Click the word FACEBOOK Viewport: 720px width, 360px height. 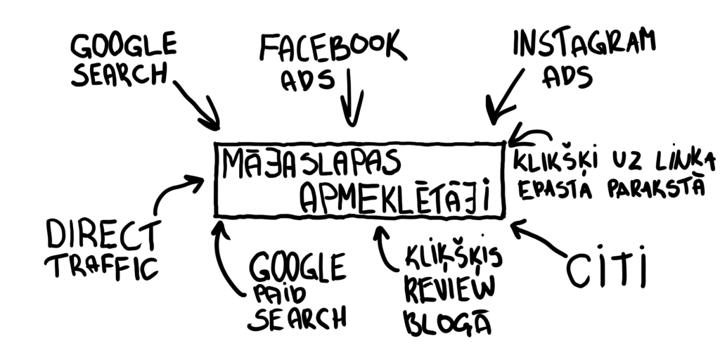tap(332, 48)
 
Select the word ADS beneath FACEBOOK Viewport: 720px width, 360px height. tap(307, 81)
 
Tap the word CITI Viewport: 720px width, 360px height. tap(606, 270)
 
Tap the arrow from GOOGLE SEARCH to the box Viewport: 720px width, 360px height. tap(198, 105)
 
